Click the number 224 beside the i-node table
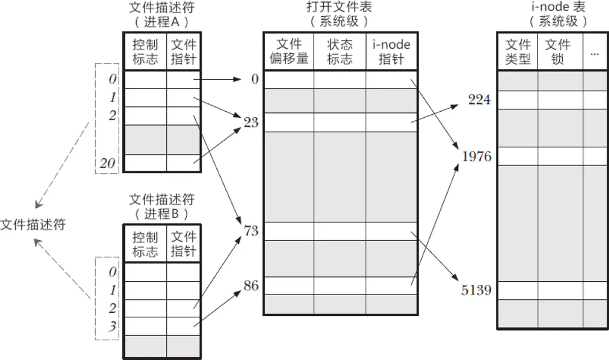pos(479,100)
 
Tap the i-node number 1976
pos(477,156)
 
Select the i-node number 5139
pos(477,290)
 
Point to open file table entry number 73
pos(251,231)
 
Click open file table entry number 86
pos(251,286)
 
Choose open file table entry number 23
pos(251,122)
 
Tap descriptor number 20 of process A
pos(108,163)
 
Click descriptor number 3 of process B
pos(113,326)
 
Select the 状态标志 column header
pos(340,52)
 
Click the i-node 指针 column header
pos(391,52)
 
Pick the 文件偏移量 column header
pos(289,52)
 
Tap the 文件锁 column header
pos(557,52)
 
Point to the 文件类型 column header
pos(518,52)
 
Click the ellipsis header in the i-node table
pos(595,54)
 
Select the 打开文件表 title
pos(339,7)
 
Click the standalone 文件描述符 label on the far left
pos(33,224)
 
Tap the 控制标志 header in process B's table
pos(145,244)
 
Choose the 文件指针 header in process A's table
pos(184,52)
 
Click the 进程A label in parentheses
pos(162,22)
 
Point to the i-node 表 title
pos(558,7)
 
